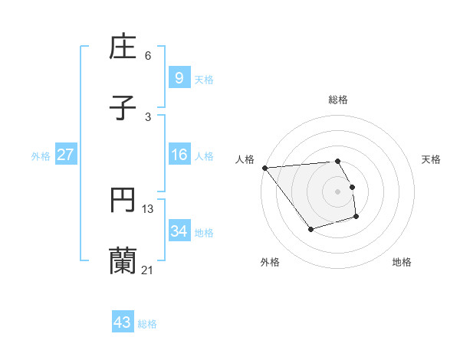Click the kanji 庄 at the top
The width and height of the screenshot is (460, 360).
(123, 48)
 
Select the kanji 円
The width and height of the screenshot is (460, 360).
(123, 201)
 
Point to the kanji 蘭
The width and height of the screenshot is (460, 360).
(123, 261)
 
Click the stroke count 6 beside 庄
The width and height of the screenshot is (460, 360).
(148, 56)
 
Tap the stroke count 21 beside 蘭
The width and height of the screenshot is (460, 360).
(148, 270)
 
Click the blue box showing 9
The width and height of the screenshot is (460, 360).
(179, 78)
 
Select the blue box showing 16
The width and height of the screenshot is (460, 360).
(179, 155)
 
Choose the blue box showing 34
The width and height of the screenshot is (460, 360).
(179, 231)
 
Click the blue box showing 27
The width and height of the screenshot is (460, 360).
(65, 155)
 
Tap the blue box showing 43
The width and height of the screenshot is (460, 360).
(122, 322)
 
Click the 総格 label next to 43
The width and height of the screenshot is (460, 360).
(147, 324)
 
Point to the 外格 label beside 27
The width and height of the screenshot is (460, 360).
(41, 156)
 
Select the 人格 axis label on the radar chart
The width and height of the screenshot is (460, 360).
(245, 159)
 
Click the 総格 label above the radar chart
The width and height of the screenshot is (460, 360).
(338, 100)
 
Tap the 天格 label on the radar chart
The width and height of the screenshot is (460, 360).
(431, 159)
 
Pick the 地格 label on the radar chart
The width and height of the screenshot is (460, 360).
(402, 262)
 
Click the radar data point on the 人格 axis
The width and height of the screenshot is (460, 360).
(264, 168)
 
